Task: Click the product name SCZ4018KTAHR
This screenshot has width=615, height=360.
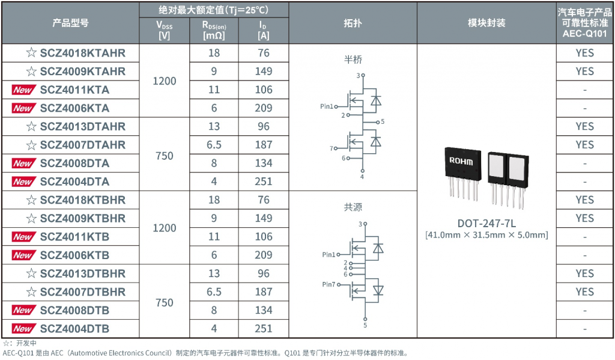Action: coord(82,53)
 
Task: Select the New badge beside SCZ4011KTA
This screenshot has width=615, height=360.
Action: coord(23,90)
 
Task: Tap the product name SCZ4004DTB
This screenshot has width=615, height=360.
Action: coord(74,329)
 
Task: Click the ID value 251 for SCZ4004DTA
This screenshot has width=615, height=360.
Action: coord(263,182)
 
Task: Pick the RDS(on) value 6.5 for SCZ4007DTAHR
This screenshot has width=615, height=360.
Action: coord(214,145)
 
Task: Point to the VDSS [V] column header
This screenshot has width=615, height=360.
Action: coord(164,30)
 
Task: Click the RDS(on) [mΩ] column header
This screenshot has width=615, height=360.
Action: coord(214,30)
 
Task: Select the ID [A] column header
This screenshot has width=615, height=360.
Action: coord(263,30)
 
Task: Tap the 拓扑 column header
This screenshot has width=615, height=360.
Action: coord(353,23)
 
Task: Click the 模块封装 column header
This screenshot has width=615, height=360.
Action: coord(486,23)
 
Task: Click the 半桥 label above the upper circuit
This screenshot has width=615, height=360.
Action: coord(353,59)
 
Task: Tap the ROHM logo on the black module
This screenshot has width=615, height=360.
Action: coord(461,162)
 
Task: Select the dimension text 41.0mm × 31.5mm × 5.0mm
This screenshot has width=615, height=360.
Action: coord(486,235)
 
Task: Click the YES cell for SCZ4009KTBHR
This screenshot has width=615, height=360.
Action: coord(584,218)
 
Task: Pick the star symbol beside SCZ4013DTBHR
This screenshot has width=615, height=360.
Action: coord(31,273)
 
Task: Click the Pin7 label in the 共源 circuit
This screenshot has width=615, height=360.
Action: coord(329,284)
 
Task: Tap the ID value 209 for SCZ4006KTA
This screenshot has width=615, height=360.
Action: coord(263,108)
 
